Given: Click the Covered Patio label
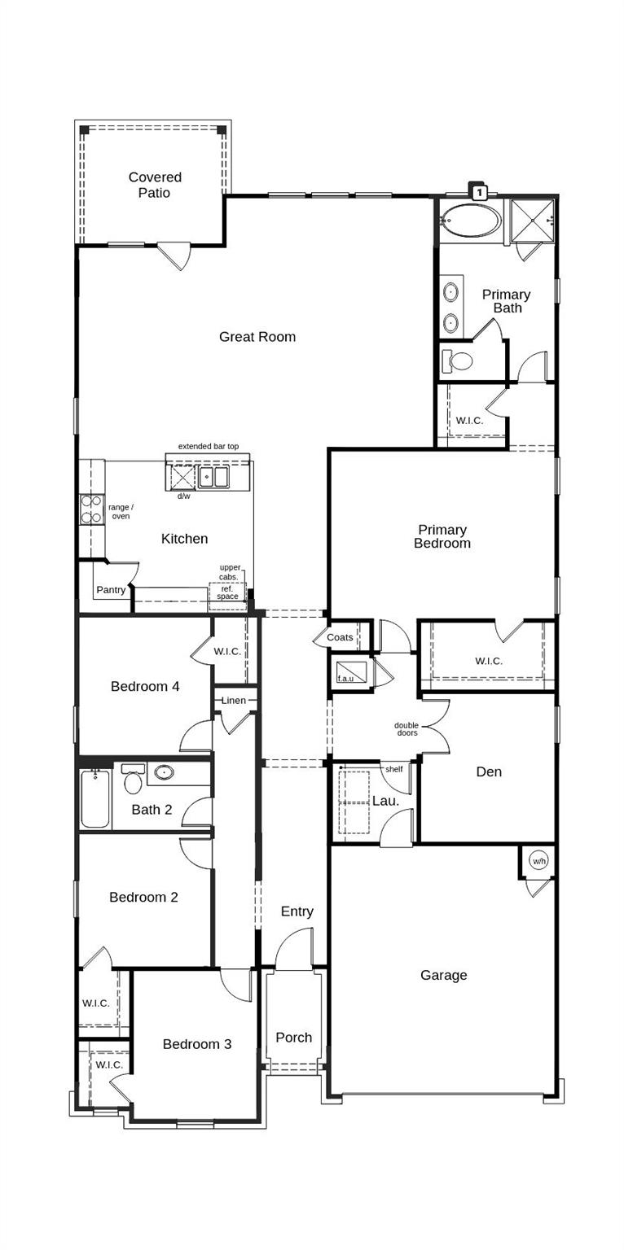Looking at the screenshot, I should click(155, 185).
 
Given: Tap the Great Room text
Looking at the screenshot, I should click(257, 337).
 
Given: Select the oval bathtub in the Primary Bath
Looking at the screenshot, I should click(471, 220).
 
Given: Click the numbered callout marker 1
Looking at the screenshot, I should click(480, 192).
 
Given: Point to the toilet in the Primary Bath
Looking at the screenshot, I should click(459, 360).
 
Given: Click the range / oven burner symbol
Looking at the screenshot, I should click(91, 509).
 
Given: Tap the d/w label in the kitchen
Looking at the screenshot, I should click(183, 496).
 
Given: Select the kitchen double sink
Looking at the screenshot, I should click(215, 477).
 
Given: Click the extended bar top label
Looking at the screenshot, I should click(209, 446).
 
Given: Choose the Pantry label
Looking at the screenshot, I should click(111, 590).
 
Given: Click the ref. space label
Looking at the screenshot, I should click(227, 592).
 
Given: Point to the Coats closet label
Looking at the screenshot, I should click(340, 637).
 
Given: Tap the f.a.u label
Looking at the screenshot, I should click(345, 678).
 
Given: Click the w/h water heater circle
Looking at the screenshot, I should click(538, 861).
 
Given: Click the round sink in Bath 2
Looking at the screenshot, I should click(164, 772).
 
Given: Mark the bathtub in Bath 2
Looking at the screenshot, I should click(95, 799).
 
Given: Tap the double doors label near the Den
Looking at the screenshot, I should click(406, 729).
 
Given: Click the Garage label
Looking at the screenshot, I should click(444, 975).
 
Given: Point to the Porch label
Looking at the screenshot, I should click(293, 1038).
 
